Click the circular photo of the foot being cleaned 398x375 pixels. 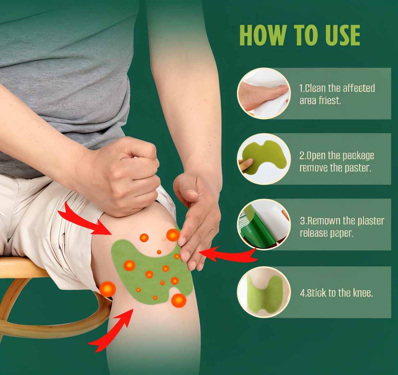pyautogui.click(x=263, y=93)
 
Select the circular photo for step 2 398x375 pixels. pyautogui.click(x=263, y=159)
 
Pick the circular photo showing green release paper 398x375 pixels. pyautogui.click(x=263, y=224)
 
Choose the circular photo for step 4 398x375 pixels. pyautogui.click(x=263, y=292)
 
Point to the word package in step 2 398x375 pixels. pyautogui.click(x=358, y=156)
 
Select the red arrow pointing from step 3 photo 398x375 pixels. pyautogui.click(x=228, y=255)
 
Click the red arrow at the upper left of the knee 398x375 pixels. pyautogui.click(x=83, y=219)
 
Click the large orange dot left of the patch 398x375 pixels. pyautogui.click(x=108, y=289)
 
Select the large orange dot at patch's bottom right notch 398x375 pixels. pyautogui.click(x=178, y=300)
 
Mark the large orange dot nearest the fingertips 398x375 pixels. pyautogui.click(x=173, y=235)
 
